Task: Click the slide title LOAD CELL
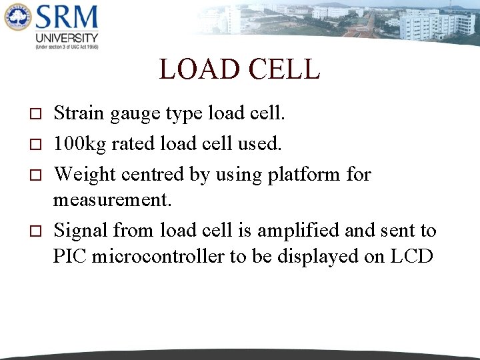tap(239, 69)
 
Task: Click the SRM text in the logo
tap(67, 18)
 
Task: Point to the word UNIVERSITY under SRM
tap(67, 38)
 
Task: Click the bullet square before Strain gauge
tap(36, 115)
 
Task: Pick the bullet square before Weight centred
tap(36, 175)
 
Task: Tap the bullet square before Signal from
tap(36, 231)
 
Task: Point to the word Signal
tap(81, 231)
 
